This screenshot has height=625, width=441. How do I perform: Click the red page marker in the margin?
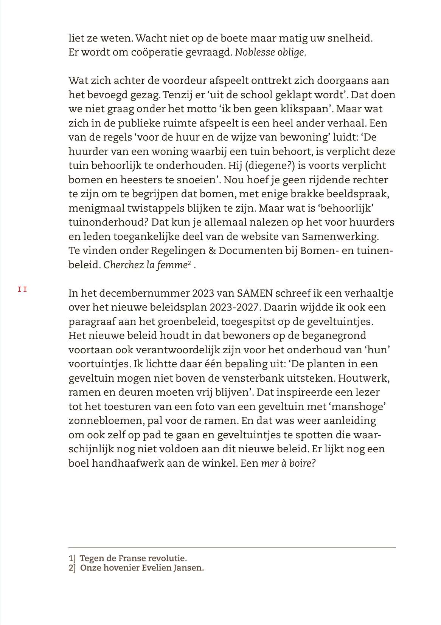pos(22,290)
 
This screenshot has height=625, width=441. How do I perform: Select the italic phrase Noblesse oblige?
pos(270,53)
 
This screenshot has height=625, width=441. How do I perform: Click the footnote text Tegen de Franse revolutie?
pos(133,558)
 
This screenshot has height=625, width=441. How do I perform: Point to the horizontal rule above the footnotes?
pos(232,548)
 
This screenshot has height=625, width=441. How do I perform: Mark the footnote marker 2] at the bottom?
pos(72,568)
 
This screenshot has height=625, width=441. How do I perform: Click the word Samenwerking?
pos(340,237)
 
